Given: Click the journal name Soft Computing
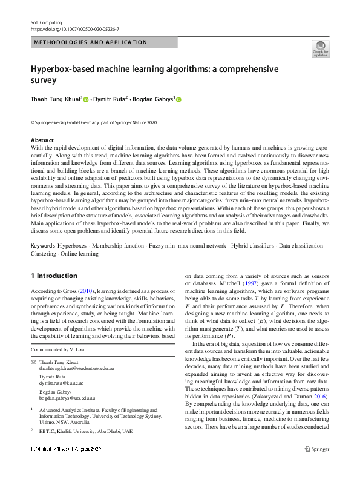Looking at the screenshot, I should pyautogui.click(x=46, y=22).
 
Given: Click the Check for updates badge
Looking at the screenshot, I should pyautogui.click(x=320, y=48).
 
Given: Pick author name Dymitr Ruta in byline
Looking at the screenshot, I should pyautogui.click(x=113, y=99).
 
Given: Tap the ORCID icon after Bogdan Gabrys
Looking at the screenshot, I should pyautogui.click(x=178, y=99).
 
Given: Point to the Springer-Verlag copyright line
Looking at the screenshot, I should pyautogui.click(x=93, y=122).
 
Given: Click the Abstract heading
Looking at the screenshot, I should pyautogui.click(x=42, y=140).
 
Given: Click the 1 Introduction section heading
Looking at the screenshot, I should pyautogui.click(x=54, y=276).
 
